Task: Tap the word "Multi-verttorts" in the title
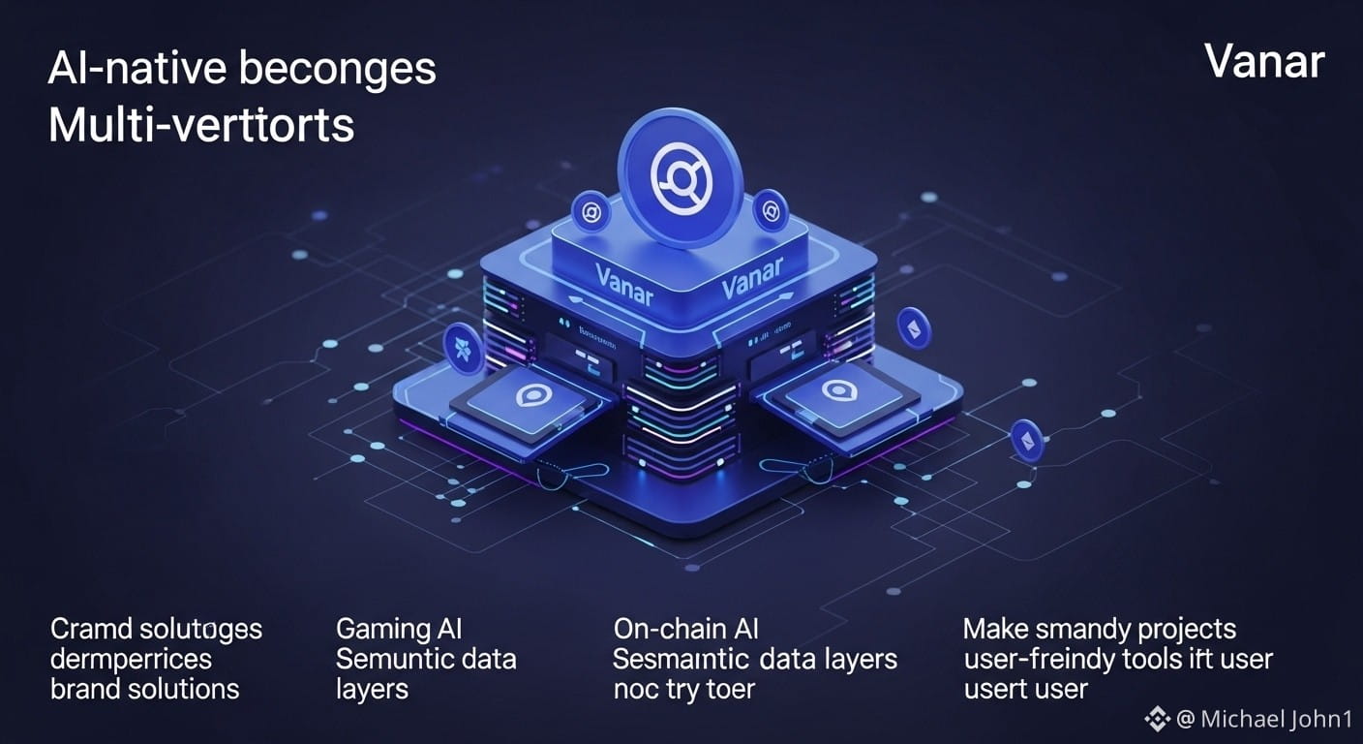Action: tap(201, 126)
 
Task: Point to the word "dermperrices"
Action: tap(131, 659)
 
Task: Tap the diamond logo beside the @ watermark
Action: tap(1157, 718)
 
